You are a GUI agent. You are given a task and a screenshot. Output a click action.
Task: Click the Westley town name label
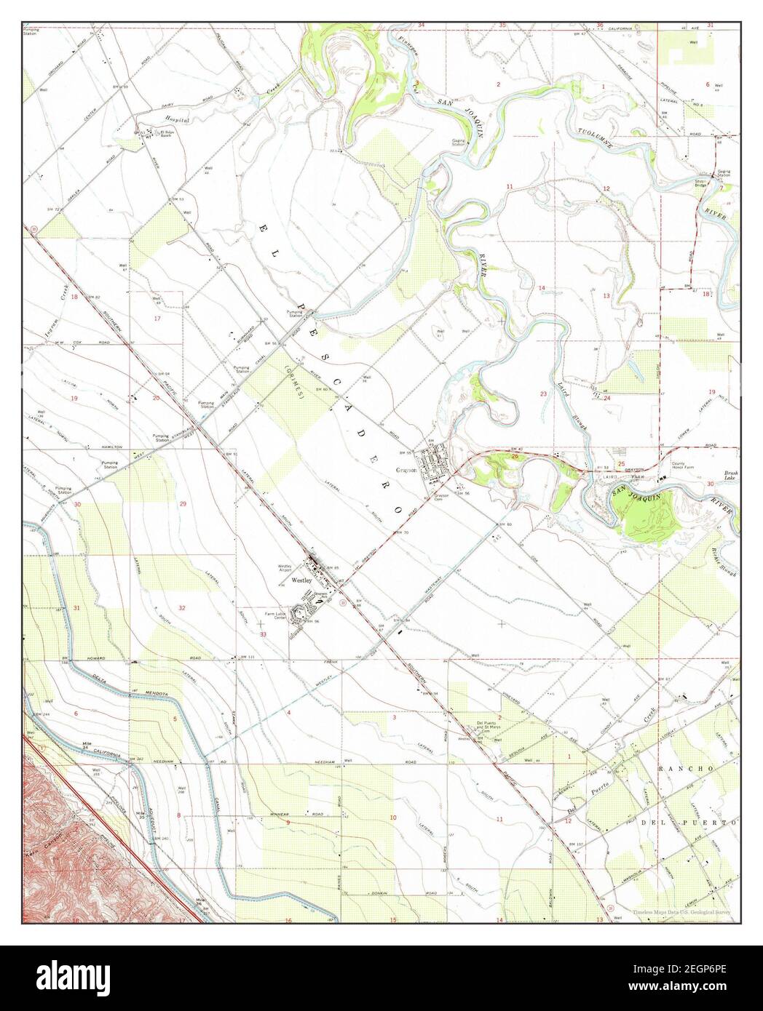[301, 582]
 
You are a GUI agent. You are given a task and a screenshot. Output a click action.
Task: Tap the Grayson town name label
[406, 470]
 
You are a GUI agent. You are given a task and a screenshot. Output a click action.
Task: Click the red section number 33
[263, 634]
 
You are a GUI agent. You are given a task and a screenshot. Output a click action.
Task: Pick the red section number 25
[621, 463]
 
